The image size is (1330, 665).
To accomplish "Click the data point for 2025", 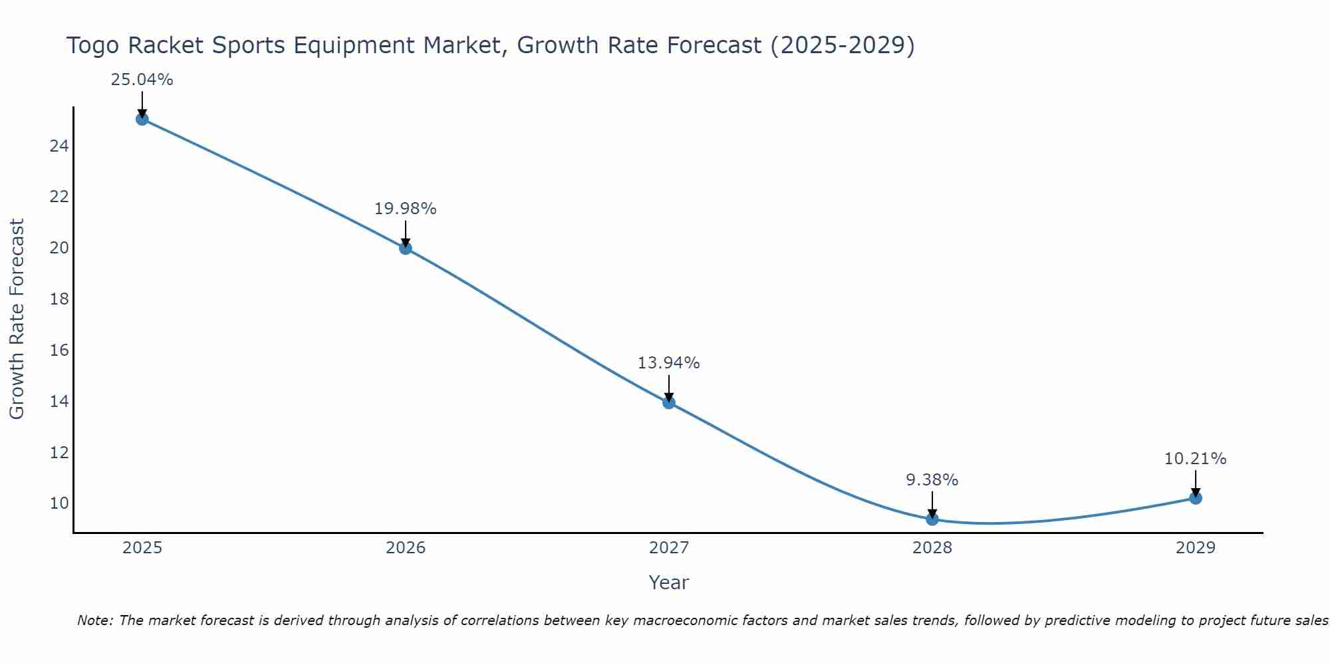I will point(142,119).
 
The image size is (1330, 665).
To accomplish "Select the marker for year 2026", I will point(406,248).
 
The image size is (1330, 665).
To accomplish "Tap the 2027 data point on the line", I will point(669,402).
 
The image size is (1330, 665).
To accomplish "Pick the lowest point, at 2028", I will point(932,519).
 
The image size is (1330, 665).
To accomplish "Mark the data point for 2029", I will point(1196,498).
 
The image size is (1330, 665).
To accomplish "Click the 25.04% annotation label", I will point(142,80).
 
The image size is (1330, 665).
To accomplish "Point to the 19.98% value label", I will point(405,209).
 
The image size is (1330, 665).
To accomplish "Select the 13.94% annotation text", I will point(668,363).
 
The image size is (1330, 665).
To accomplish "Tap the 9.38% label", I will point(932,480).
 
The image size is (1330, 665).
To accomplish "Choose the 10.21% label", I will point(1195,459).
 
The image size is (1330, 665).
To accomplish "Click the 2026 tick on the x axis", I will point(406,548).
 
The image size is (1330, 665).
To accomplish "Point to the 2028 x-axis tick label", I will point(932,548).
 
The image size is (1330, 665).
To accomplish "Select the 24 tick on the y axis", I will point(59,146).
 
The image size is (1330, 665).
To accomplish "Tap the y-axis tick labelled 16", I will point(59,350).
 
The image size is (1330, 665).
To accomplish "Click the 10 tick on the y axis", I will point(59,503).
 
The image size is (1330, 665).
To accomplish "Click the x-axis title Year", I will point(668,583).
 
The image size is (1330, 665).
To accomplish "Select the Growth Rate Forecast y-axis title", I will point(17,319).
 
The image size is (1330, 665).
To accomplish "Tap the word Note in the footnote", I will point(93,620).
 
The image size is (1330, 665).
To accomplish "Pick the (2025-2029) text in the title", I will point(842,46).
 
